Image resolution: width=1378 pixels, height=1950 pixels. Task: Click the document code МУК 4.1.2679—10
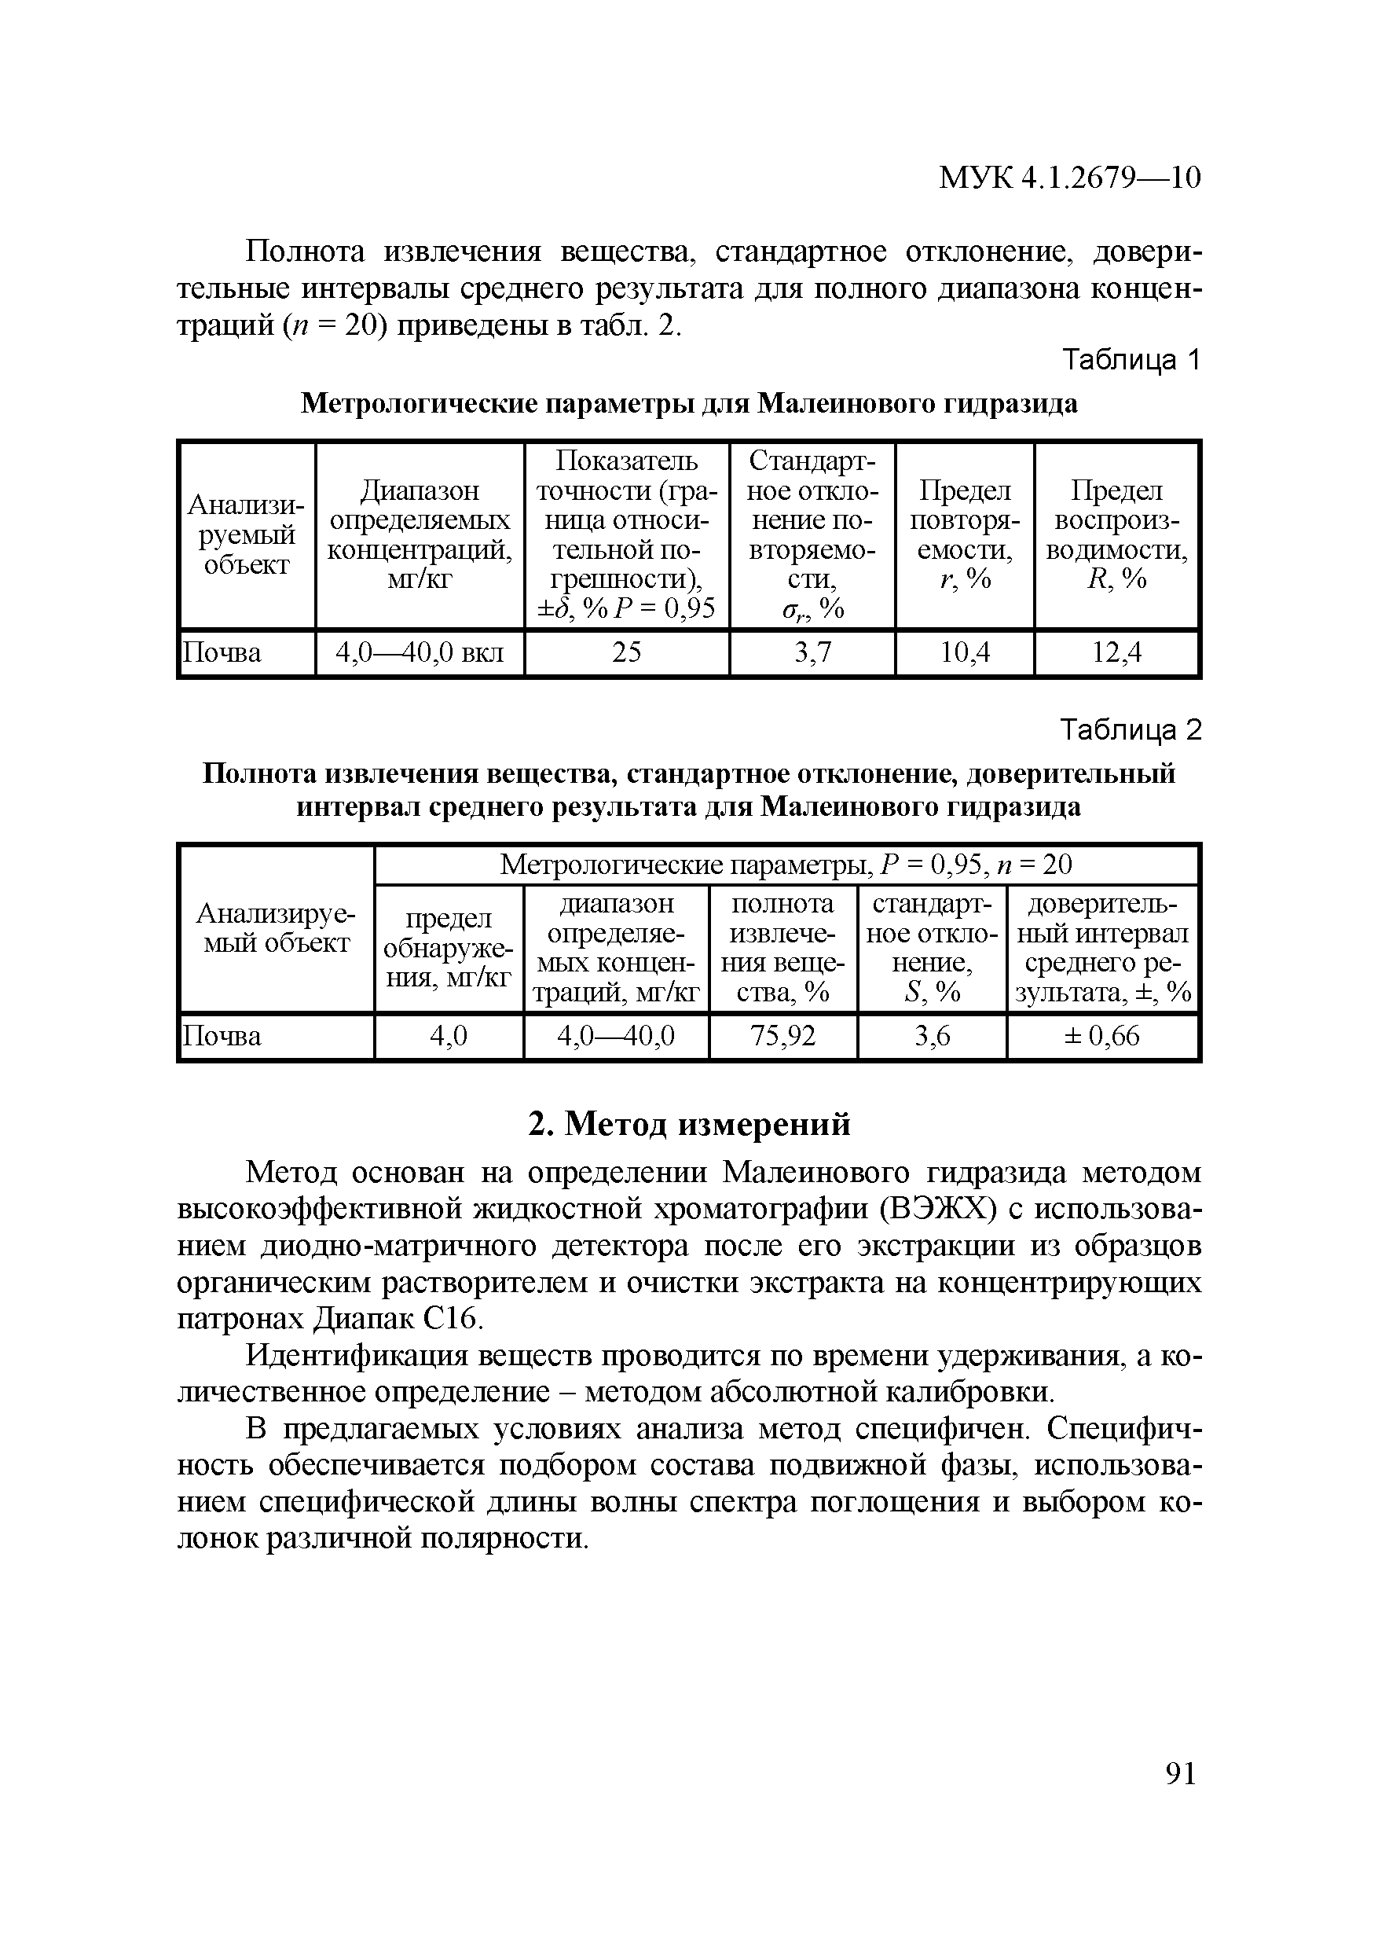coord(1069,178)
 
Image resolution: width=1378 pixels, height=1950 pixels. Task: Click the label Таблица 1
coord(1132,361)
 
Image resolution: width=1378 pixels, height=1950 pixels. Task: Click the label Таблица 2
coord(1132,730)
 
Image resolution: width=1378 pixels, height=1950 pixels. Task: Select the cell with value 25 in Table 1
coord(627,652)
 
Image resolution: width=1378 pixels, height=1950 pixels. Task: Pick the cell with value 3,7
coord(812,652)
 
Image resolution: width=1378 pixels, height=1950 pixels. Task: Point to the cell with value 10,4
coord(965,652)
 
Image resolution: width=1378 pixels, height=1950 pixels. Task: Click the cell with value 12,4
coord(1116,652)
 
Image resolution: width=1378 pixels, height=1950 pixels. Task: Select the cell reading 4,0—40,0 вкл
coord(420,652)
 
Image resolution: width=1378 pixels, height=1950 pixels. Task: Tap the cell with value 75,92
coord(782,1036)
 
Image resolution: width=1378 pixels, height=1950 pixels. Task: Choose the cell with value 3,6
coord(932,1036)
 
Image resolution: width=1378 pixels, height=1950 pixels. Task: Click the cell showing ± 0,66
coord(1102,1036)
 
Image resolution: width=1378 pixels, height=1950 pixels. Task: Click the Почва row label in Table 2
coord(222,1036)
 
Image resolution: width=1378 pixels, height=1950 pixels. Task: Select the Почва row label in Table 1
coord(222,652)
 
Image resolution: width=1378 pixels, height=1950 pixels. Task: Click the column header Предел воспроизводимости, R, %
coord(1116,535)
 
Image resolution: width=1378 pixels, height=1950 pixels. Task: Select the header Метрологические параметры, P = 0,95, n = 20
coord(786,865)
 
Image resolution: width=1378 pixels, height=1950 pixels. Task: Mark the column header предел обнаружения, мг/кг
coord(449,948)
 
